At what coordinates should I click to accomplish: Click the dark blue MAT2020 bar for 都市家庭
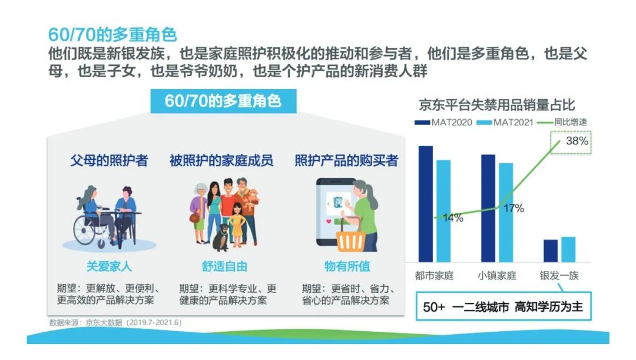click(x=426, y=204)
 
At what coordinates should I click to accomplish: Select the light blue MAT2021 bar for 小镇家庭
click(x=506, y=212)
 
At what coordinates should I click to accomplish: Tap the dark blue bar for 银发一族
click(x=551, y=251)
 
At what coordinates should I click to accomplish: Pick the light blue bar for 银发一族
click(x=568, y=249)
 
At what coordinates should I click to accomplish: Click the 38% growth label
click(x=577, y=141)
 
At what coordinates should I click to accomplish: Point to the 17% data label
click(x=514, y=208)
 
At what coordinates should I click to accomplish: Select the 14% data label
click(x=453, y=218)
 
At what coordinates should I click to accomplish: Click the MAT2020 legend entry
click(x=443, y=122)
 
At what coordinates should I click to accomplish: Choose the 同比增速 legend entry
click(x=562, y=122)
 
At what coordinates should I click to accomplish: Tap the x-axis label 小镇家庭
click(x=496, y=276)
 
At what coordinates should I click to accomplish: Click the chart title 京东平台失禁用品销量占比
click(x=496, y=105)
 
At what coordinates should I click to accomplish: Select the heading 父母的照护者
click(x=109, y=160)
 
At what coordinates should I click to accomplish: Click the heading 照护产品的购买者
click(x=346, y=160)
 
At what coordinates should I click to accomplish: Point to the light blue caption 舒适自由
click(x=224, y=266)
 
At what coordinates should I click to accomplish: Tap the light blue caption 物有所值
click(x=347, y=266)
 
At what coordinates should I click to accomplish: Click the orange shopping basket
click(x=351, y=237)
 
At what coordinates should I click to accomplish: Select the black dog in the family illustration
click(x=221, y=237)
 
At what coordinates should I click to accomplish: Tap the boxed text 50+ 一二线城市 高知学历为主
click(x=503, y=306)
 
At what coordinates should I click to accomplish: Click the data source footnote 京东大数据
click(x=104, y=323)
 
